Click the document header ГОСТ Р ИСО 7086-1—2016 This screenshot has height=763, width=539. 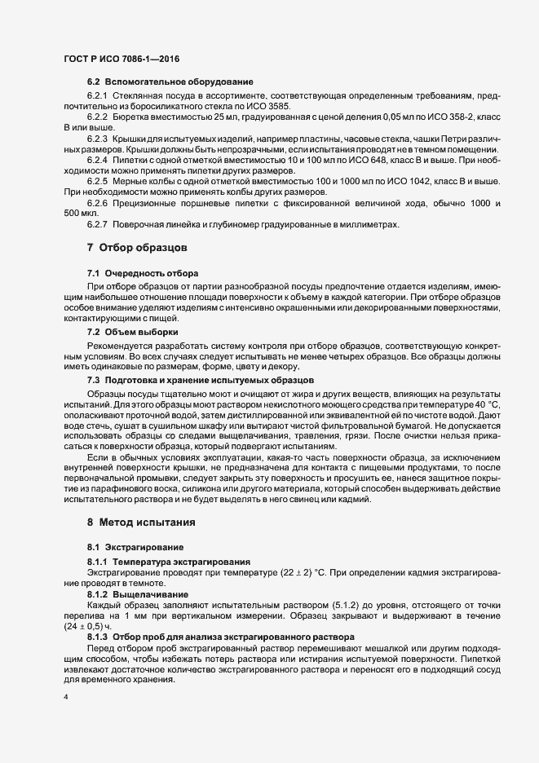point(121,59)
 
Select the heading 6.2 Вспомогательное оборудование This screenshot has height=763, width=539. point(170,83)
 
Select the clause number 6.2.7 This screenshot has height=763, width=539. point(99,224)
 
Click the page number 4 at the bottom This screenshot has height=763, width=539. point(65,698)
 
